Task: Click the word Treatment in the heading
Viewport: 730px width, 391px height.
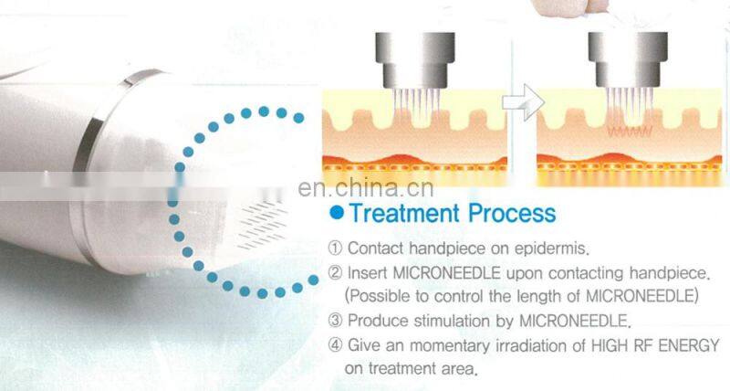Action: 404,214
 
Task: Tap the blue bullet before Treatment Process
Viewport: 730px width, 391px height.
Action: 338,215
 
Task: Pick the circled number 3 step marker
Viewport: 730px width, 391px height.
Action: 335,321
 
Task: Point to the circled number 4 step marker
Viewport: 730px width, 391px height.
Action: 335,345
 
